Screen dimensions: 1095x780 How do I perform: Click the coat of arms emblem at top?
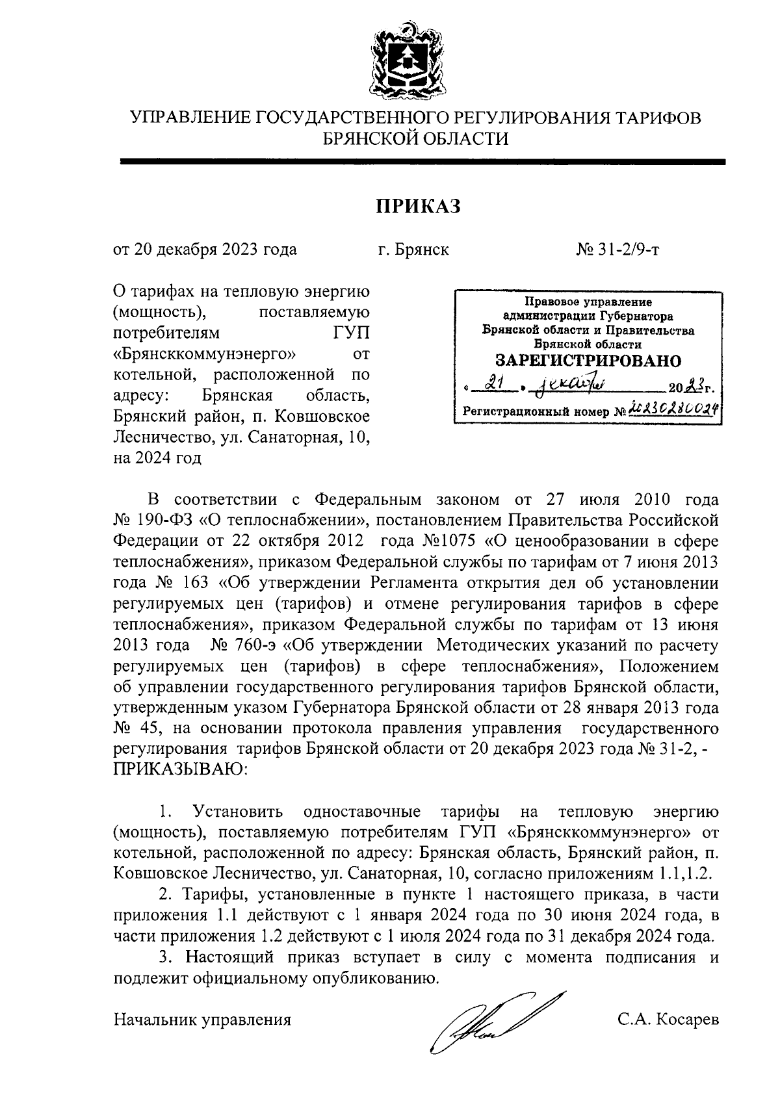pos(408,60)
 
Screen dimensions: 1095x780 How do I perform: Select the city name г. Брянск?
pos(413,250)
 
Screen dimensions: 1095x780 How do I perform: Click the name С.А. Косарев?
pos(668,1019)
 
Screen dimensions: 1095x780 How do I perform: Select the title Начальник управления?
pos(202,1019)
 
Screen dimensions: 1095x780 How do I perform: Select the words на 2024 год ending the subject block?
pos(157,458)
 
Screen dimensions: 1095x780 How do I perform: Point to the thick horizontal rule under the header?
pos(422,161)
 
